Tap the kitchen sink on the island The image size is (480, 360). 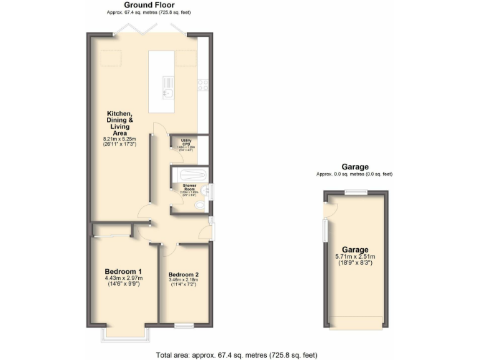(167, 87)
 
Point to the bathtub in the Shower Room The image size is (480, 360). (188, 174)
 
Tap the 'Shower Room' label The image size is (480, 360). (189, 187)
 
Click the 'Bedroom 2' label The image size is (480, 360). (184, 274)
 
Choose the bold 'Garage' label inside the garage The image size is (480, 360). (354, 249)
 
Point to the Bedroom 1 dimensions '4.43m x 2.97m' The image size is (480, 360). (124, 278)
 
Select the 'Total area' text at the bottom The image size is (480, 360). (236, 354)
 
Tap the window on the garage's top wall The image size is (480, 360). (355, 192)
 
